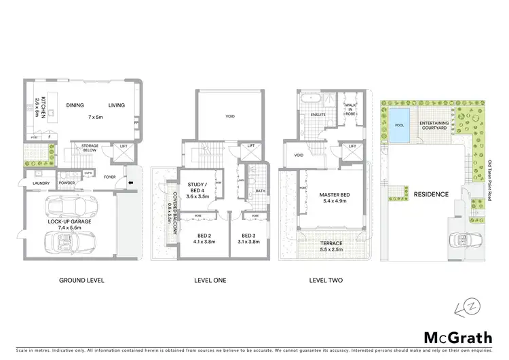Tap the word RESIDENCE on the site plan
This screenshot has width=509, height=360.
[432, 194]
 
